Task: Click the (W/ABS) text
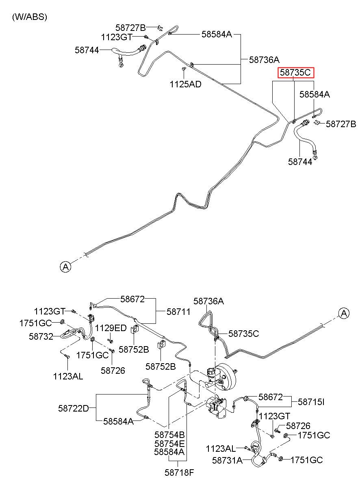[30, 17]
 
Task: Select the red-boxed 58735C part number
[296, 73]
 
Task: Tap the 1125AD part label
[185, 85]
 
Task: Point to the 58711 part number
[178, 311]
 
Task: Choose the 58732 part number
[41, 336]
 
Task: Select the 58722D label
[73, 408]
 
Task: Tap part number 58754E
[169, 443]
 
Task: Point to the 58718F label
[179, 472]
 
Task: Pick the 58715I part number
[311, 402]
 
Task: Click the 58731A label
[227, 460]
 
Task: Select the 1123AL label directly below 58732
[68, 376]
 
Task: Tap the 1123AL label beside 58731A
[221, 449]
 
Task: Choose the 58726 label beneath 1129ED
[113, 370]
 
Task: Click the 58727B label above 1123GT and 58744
[130, 28]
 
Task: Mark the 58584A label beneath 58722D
[118, 421]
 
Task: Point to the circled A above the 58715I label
[344, 313]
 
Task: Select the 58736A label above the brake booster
[209, 301]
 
